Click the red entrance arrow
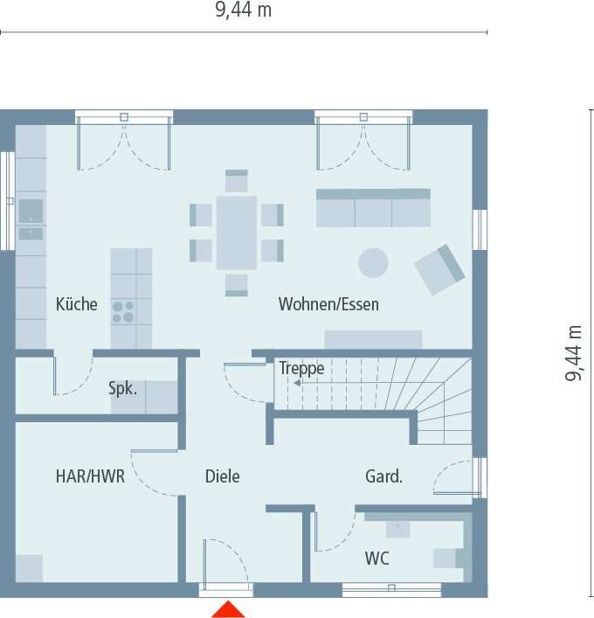coord(229,609)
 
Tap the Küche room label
coord(77,304)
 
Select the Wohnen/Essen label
coord(328,304)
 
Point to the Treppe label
coord(301,368)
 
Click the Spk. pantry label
coord(122,388)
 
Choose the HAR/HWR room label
coord(90,476)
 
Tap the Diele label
coord(222,476)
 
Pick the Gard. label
coord(383,476)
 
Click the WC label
coord(377,558)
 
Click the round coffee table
coord(374,262)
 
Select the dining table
coord(237,232)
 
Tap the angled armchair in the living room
coord(439,269)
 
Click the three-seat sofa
coord(373,208)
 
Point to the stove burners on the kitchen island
coord(123,312)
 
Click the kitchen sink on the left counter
coord(31,211)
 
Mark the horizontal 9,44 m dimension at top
coord(243,10)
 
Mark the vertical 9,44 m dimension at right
coord(574,354)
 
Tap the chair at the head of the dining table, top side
coord(237,182)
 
